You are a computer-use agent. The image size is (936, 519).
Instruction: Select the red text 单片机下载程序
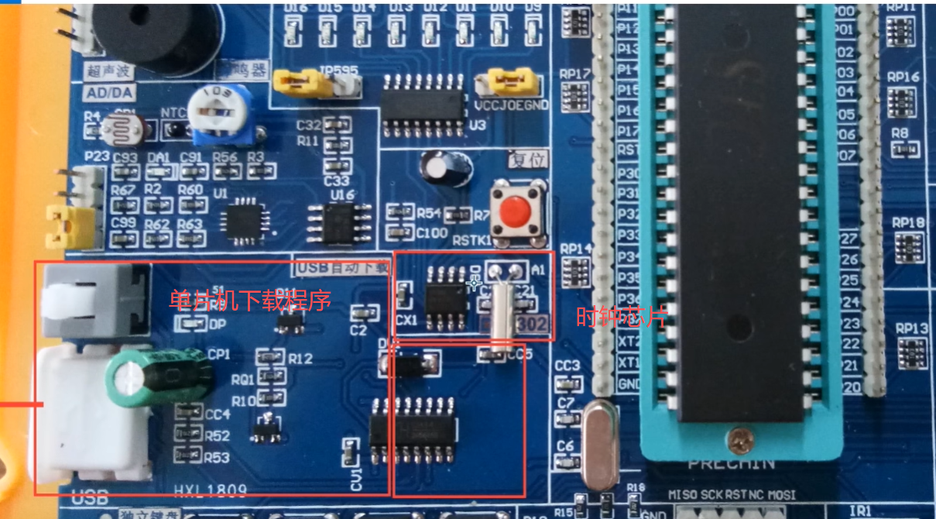(250, 300)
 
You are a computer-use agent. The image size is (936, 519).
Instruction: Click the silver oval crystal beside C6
(601, 445)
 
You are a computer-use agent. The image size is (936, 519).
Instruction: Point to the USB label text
(88, 497)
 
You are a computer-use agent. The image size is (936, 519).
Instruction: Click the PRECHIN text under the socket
(731, 463)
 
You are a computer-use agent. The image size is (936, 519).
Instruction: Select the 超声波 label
(109, 71)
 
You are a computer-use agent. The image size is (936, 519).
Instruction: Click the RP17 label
(575, 74)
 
